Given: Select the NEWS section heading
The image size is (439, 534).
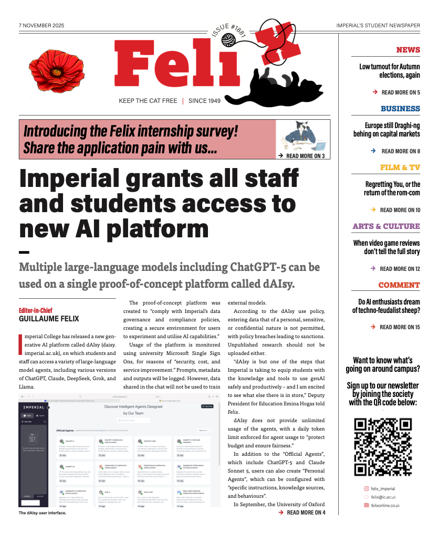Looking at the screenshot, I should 408,50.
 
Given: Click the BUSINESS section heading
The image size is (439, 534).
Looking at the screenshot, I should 400,109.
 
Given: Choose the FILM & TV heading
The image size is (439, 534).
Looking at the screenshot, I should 400,167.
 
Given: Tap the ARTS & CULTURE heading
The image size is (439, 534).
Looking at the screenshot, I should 386,226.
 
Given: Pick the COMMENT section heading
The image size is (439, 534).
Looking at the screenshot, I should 399,285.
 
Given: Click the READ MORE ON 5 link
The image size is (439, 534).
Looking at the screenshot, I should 400,92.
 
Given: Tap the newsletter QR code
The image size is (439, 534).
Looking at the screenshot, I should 382,446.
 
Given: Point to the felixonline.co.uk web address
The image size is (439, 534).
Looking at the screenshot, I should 385,505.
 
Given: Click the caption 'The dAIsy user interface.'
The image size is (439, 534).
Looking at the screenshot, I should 43,513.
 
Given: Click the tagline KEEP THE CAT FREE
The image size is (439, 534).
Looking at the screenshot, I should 148,101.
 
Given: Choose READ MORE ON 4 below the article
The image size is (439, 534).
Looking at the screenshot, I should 306,512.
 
